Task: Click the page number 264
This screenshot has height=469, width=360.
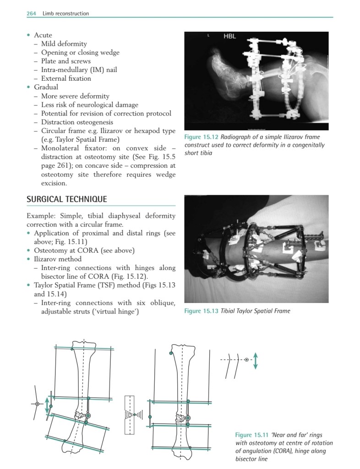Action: [x=32, y=14]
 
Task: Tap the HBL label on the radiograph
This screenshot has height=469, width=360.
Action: [x=229, y=37]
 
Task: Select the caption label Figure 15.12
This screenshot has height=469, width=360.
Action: [x=202, y=137]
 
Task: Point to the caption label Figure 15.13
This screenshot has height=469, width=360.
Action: [x=202, y=311]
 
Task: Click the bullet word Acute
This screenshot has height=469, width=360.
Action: [x=43, y=35]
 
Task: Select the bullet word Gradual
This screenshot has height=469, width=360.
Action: [x=45, y=87]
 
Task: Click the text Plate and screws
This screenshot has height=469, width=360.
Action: [x=66, y=61]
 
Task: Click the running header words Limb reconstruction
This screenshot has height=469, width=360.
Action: [x=65, y=14]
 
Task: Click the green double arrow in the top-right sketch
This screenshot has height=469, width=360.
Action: [x=256, y=360]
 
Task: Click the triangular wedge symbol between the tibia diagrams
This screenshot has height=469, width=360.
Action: [x=131, y=414]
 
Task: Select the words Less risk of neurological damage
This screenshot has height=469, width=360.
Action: [x=89, y=105]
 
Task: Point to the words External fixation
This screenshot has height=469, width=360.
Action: [x=66, y=78]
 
